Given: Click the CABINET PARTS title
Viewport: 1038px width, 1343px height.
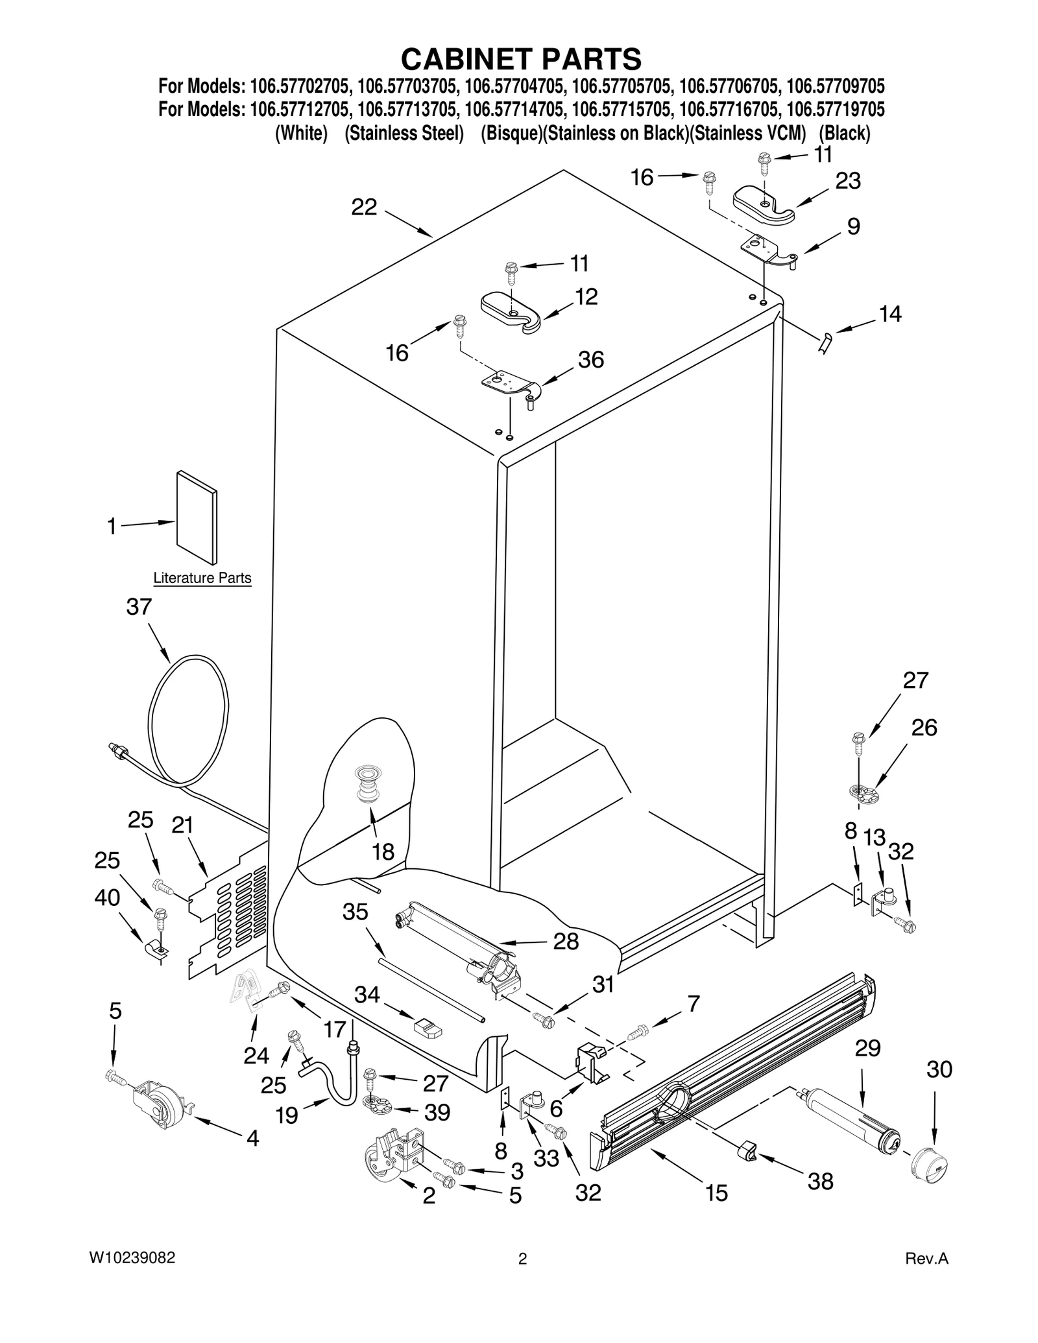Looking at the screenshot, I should [521, 59].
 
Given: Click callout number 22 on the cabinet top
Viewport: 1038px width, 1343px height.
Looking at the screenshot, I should [364, 207].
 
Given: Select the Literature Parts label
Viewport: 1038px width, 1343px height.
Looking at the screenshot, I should [202, 578].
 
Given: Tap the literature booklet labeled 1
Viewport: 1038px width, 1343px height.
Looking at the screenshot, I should [197, 518].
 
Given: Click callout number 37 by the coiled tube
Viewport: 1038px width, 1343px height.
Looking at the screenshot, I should [139, 607].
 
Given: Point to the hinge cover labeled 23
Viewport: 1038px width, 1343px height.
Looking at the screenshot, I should [764, 206].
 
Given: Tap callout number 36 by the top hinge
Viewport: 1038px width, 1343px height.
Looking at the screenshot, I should [591, 359].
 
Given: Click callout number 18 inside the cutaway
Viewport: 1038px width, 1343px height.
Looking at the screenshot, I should [383, 851].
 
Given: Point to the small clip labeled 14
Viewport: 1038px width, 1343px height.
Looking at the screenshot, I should [826, 341].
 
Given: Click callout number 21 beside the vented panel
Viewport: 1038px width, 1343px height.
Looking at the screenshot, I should [182, 825].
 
